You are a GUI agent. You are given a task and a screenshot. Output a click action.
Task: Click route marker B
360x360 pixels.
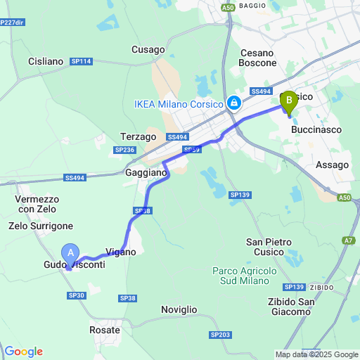pyautogui.click(x=288, y=102)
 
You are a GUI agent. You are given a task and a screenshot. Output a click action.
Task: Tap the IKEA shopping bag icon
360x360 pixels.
pyautogui.click(x=234, y=104)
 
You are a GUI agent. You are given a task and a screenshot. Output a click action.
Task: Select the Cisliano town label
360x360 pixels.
pyautogui.click(x=46, y=61)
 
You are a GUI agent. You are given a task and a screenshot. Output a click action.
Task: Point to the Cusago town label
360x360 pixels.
pyautogui.click(x=148, y=49)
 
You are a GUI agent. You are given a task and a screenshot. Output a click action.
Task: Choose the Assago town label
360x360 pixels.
pyautogui.click(x=332, y=165)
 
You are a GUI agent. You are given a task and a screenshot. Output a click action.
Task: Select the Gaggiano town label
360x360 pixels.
pyautogui.click(x=146, y=172)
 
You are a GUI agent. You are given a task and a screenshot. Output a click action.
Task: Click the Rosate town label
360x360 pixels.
pyautogui.click(x=105, y=329)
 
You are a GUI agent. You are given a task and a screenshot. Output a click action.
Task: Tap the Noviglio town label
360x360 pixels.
pyautogui.click(x=179, y=309)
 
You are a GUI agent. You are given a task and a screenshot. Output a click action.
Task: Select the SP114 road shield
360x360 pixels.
pyautogui.click(x=82, y=61)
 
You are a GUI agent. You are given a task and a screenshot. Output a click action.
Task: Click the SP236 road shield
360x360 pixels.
pyautogui.click(x=124, y=150)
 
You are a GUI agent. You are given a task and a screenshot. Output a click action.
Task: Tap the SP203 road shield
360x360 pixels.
pyautogui.click(x=220, y=335)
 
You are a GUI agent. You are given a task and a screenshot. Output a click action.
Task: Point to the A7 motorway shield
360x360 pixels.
pyautogui.click(x=349, y=241)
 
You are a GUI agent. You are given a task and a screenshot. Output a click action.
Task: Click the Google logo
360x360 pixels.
pyautogui.click(x=23, y=352)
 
